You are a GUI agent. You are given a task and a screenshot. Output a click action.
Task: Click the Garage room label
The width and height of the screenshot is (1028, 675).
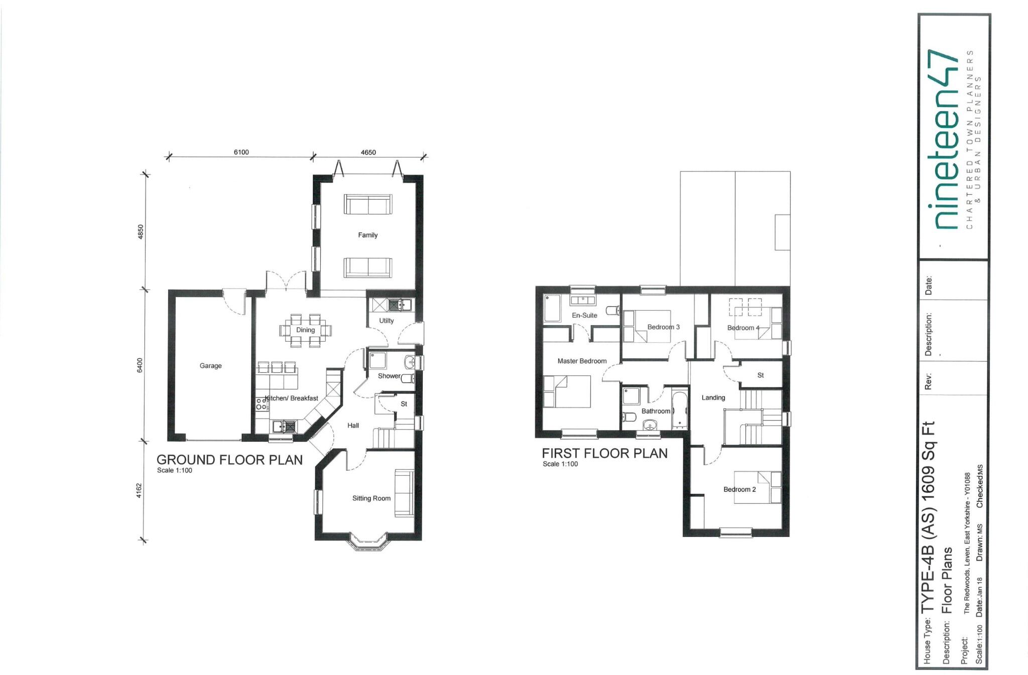(x=210, y=366)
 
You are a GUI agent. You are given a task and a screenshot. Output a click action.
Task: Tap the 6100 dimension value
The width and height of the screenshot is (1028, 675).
(x=241, y=153)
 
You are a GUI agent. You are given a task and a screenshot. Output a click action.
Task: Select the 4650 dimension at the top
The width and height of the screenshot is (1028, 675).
(x=368, y=153)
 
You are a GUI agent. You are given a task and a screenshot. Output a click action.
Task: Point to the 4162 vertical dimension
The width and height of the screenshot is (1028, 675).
(x=140, y=491)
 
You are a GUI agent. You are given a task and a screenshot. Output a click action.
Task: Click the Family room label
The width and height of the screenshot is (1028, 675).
(x=367, y=235)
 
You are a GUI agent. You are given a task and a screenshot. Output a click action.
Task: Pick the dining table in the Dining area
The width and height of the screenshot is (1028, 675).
(x=305, y=330)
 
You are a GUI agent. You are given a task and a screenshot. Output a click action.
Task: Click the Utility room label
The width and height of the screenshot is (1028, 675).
(x=387, y=321)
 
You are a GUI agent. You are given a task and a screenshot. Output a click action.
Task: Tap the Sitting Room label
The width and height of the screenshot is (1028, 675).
(x=371, y=498)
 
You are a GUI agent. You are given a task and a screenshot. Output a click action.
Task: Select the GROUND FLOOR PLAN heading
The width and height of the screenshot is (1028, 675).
(x=229, y=460)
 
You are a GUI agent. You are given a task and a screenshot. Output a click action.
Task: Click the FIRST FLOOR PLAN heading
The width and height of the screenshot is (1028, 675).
(x=604, y=454)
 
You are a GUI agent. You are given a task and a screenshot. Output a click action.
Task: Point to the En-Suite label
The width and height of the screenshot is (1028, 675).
(x=584, y=316)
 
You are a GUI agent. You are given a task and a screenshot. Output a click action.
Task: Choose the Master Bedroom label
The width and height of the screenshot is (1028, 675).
(x=582, y=361)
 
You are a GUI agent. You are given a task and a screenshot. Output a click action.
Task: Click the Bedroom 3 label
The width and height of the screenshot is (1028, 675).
(x=663, y=327)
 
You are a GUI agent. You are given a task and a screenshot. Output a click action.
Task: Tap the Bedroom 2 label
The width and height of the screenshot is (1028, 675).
(x=739, y=489)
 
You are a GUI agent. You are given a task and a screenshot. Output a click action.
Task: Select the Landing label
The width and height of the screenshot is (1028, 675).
(x=713, y=398)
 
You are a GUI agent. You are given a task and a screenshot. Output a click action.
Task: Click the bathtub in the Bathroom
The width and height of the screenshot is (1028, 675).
(x=679, y=409)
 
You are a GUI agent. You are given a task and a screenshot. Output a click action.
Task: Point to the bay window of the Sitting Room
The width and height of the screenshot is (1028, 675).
(x=369, y=544)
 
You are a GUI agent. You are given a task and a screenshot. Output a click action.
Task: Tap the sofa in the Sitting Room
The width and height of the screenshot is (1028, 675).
(x=404, y=492)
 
